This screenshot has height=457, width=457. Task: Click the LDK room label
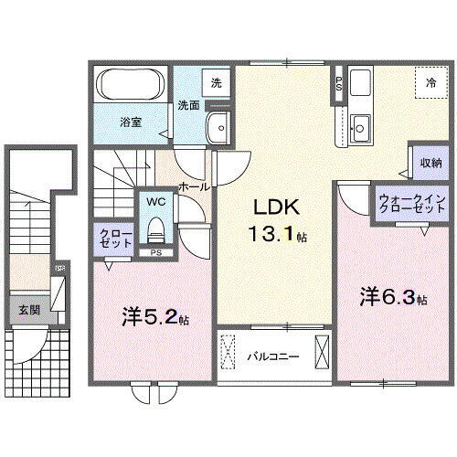[271, 206]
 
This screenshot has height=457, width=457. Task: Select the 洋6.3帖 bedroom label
[393, 296]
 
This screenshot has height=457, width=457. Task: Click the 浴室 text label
[129, 120]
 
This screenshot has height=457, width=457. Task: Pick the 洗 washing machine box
[216, 82]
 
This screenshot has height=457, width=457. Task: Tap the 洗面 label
[188, 103]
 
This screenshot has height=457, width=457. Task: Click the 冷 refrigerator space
[430, 83]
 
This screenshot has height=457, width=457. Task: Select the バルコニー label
[271, 356]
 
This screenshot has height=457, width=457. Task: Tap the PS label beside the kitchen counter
[340, 84]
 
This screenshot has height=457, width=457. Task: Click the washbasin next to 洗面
[218, 127]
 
